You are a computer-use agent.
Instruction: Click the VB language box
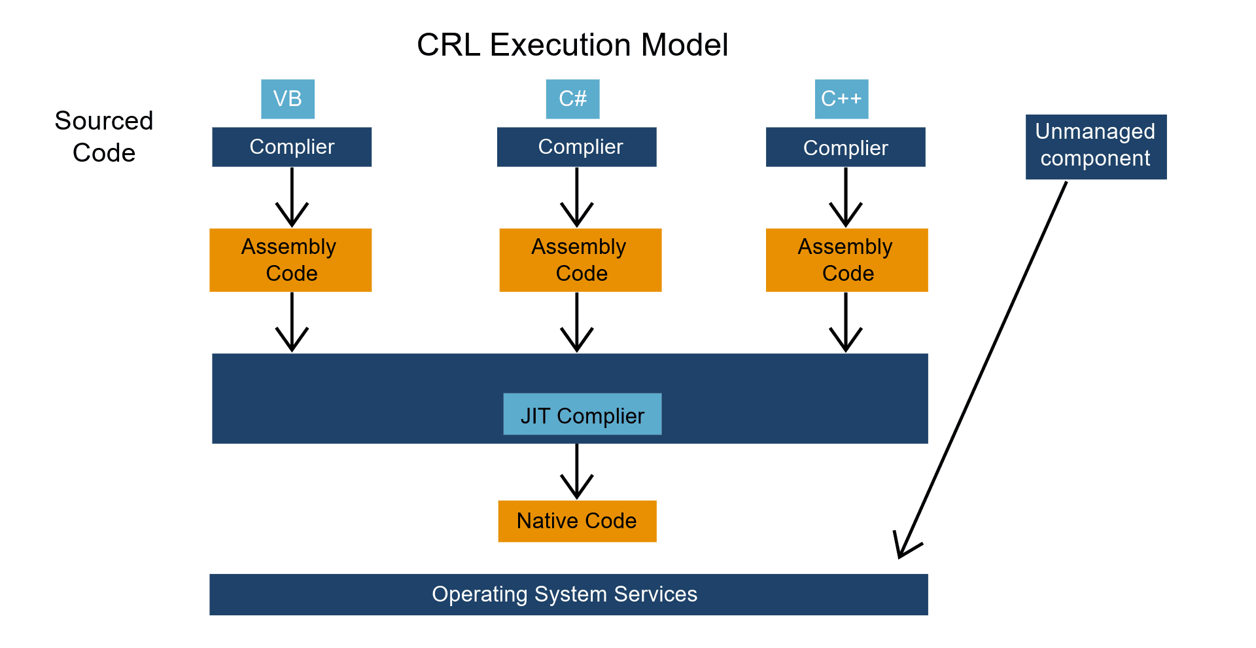(x=288, y=99)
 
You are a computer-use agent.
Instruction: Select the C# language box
(x=572, y=99)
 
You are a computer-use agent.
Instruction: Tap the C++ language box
(x=841, y=99)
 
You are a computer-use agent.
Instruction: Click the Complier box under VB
(x=292, y=147)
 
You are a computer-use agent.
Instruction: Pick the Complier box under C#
(x=576, y=147)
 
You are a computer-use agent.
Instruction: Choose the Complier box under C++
(x=845, y=147)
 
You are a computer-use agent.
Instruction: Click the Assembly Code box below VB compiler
(x=290, y=260)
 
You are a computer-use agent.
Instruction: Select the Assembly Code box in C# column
(x=580, y=260)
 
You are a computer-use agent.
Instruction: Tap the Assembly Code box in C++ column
(x=846, y=260)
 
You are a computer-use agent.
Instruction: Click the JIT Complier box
(x=582, y=414)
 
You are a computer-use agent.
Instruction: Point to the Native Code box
(x=577, y=521)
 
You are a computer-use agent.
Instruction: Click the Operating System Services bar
(x=568, y=594)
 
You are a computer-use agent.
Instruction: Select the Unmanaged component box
(x=1096, y=147)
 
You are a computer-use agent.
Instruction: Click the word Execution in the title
(x=560, y=45)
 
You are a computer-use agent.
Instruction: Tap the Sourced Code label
(x=104, y=136)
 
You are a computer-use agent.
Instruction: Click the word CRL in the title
(x=448, y=45)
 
